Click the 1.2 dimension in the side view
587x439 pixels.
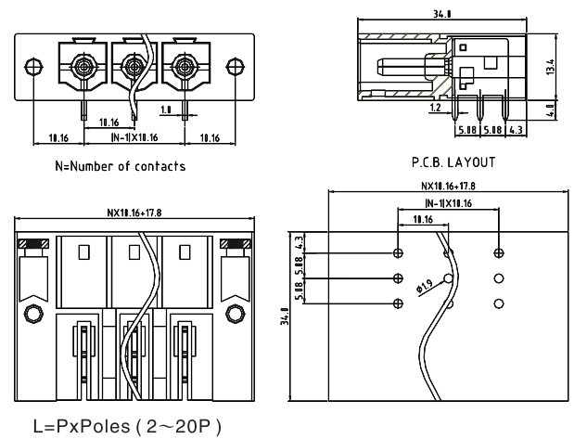coord(435,108)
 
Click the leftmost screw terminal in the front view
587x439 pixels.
coord(83,67)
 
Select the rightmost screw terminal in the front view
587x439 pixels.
coord(182,67)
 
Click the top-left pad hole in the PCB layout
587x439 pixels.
coord(399,252)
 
